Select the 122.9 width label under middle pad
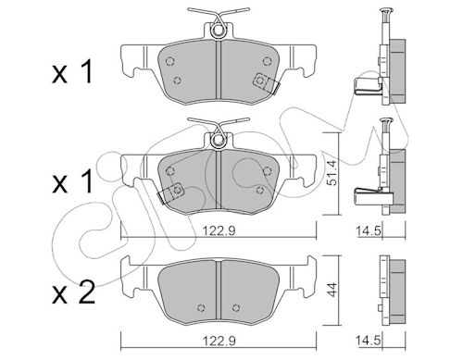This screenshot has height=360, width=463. (219, 230)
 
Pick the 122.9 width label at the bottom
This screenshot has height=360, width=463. (219, 341)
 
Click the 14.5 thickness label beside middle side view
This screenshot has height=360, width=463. (367, 230)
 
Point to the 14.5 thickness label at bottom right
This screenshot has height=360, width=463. (367, 341)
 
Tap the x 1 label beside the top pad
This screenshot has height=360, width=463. (72, 72)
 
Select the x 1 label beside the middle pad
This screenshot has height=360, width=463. (72, 181)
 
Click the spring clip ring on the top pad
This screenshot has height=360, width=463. (219, 31)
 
